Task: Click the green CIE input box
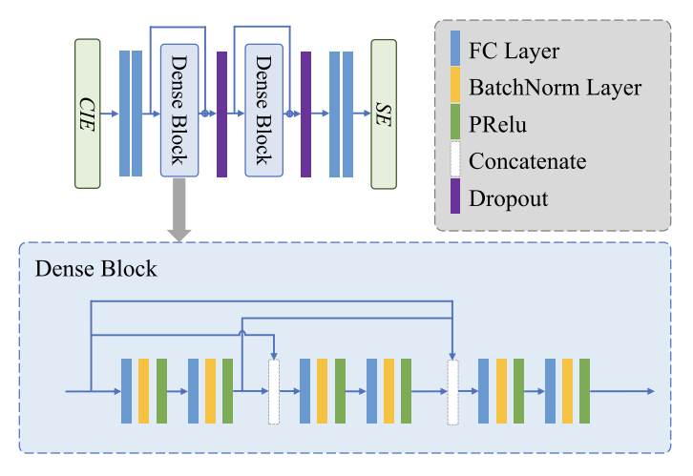[87, 114]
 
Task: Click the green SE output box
[384, 114]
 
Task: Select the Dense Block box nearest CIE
[178, 110]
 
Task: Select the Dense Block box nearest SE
[262, 110]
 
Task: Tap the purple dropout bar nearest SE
[306, 114]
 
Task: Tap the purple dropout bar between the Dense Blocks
[221, 114]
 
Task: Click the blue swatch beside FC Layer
[455, 49]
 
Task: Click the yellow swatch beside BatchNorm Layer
[455, 87]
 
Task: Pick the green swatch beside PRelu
[455, 124]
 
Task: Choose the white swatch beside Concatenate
[455, 161]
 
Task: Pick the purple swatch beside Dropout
[455, 198]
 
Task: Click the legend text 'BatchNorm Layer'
[555, 88]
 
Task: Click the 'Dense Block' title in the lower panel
[95, 269]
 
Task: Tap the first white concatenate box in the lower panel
[275, 391]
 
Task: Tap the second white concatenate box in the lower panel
[452, 391]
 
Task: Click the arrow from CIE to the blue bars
[109, 114]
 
